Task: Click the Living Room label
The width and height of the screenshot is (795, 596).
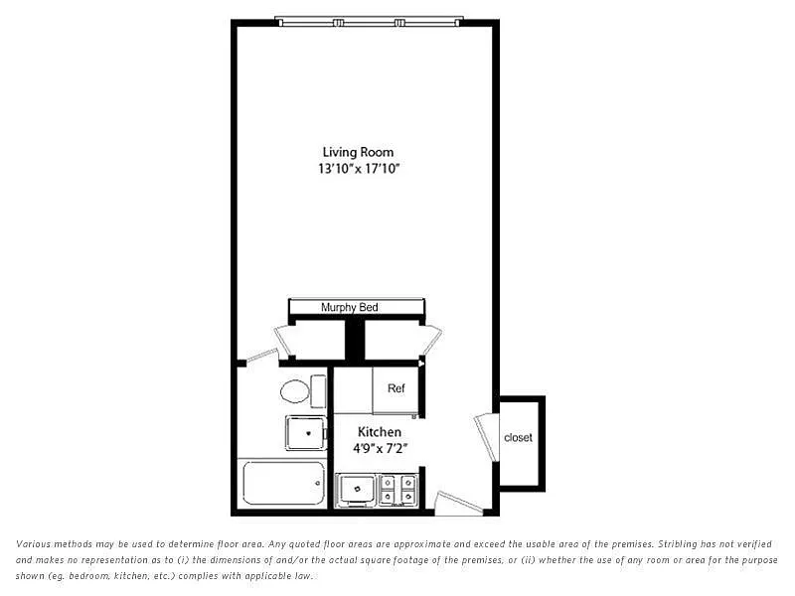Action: (358, 152)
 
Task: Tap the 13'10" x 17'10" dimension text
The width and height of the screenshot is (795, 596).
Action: (359, 169)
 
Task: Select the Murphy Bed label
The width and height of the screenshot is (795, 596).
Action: (350, 307)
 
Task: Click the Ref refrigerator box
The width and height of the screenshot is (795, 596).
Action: (396, 389)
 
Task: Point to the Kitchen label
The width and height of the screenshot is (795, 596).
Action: (380, 432)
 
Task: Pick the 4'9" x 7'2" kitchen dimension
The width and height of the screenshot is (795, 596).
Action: (381, 449)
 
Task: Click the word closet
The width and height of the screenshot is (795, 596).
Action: (518, 437)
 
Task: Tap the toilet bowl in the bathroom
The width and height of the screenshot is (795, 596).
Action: (294, 391)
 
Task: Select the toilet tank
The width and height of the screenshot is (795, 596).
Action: (318, 391)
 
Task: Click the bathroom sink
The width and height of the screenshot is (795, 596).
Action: (306, 433)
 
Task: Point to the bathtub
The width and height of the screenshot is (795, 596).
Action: (284, 484)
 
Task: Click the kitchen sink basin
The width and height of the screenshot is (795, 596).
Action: (357, 489)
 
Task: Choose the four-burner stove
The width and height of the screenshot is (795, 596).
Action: (398, 490)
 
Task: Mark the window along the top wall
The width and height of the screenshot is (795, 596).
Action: (369, 22)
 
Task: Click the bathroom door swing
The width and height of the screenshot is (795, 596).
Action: (261, 355)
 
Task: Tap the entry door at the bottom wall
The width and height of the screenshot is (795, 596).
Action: (458, 503)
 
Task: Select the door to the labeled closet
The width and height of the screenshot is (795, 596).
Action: (487, 438)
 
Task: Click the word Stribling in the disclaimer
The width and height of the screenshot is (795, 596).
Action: (679, 544)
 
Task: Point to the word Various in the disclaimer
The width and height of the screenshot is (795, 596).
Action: (34, 544)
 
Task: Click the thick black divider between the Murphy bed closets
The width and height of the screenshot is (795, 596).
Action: (355, 339)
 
